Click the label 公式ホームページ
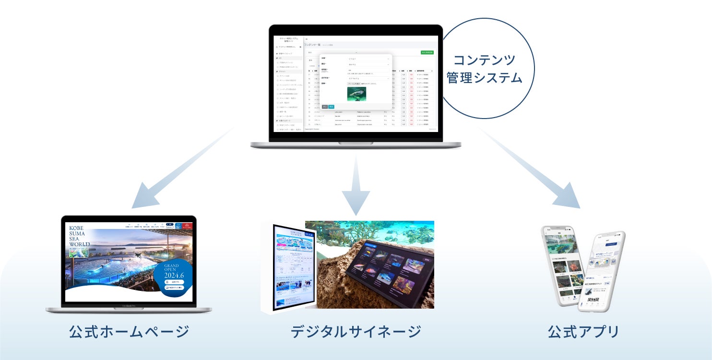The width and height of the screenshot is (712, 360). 129,332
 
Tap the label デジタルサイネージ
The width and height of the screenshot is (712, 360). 356,332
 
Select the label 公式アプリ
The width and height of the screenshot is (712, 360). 583,332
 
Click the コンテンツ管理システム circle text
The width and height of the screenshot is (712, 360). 485,69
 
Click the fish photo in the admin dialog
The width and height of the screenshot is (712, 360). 356,94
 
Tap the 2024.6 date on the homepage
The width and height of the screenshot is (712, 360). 172,276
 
